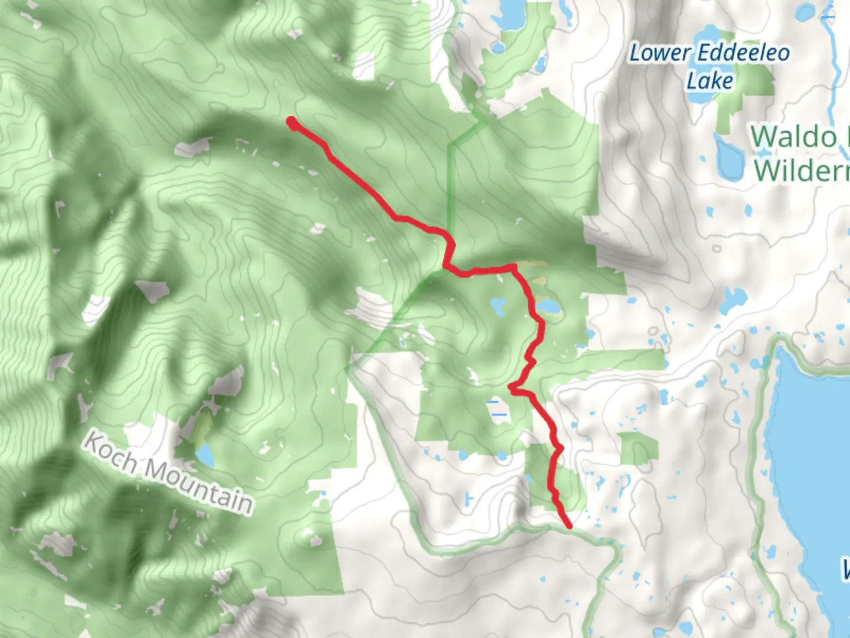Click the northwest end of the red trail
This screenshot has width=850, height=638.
point(292,122)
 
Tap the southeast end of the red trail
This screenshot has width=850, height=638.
point(569,525)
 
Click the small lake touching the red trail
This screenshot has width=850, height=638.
point(548,307)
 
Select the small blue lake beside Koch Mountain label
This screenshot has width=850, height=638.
point(205,454)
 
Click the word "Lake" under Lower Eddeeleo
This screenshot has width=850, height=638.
point(710,80)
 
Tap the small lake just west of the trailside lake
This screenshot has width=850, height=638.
point(498,306)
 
